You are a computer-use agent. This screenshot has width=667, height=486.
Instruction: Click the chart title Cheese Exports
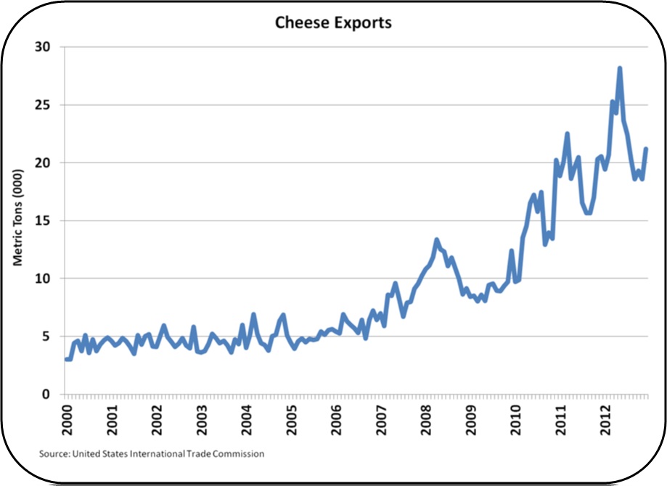click(333, 22)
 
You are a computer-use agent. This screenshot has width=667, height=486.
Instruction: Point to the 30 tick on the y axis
click(49, 47)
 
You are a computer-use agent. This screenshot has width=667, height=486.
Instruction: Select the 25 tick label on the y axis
click(49, 105)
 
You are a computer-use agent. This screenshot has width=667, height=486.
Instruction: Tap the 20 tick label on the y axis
click(49, 162)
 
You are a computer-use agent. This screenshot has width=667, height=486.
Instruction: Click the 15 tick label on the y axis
click(49, 221)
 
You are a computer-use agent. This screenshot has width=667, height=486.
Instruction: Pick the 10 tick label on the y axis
click(49, 279)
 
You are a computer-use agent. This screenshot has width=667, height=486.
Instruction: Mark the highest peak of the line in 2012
click(620, 68)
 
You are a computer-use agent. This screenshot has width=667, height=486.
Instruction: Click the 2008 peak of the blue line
click(437, 239)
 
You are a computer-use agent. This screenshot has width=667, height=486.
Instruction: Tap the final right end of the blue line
click(646, 149)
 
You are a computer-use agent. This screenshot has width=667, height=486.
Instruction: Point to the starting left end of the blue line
click(65, 359)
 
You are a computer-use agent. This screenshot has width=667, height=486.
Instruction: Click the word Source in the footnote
click(52, 453)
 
